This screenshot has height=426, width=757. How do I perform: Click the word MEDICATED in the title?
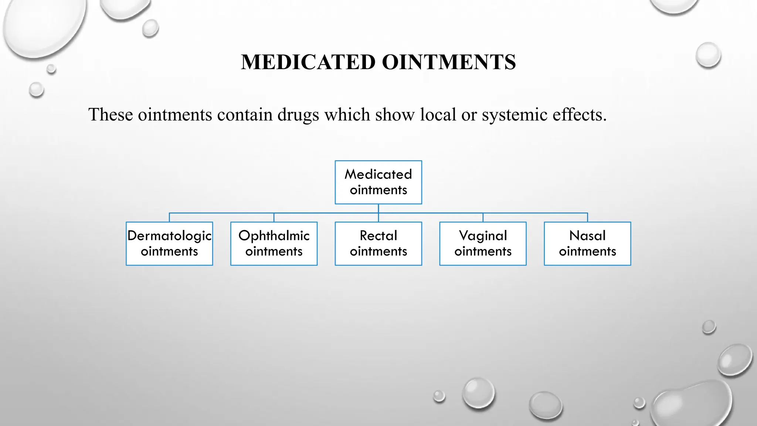pyautogui.click(x=308, y=62)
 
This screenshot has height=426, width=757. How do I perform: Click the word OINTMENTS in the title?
pyautogui.click(x=449, y=62)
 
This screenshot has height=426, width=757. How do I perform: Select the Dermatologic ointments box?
pyautogui.click(x=169, y=244)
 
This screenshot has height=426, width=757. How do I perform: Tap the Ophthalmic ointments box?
pyautogui.click(x=274, y=244)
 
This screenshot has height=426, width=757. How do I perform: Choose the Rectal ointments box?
pyautogui.click(x=378, y=244)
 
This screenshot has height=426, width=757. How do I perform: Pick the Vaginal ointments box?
pyautogui.click(x=483, y=244)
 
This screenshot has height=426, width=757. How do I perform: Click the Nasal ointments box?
pyautogui.click(x=587, y=244)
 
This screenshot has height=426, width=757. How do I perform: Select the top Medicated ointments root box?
pyautogui.click(x=378, y=182)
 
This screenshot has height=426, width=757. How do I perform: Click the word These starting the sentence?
pyautogui.click(x=111, y=115)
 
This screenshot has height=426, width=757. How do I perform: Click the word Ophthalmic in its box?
pyautogui.click(x=274, y=236)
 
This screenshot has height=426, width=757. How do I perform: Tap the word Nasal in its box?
pyautogui.click(x=587, y=236)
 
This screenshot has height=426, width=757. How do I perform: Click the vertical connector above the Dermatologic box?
pyautogui.click(x=169, y=217)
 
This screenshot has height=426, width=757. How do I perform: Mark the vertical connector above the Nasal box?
pyautogui.click(x=587, y=217)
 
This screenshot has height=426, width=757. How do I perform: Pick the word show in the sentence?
pyautogui.click(x=395, y=115)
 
